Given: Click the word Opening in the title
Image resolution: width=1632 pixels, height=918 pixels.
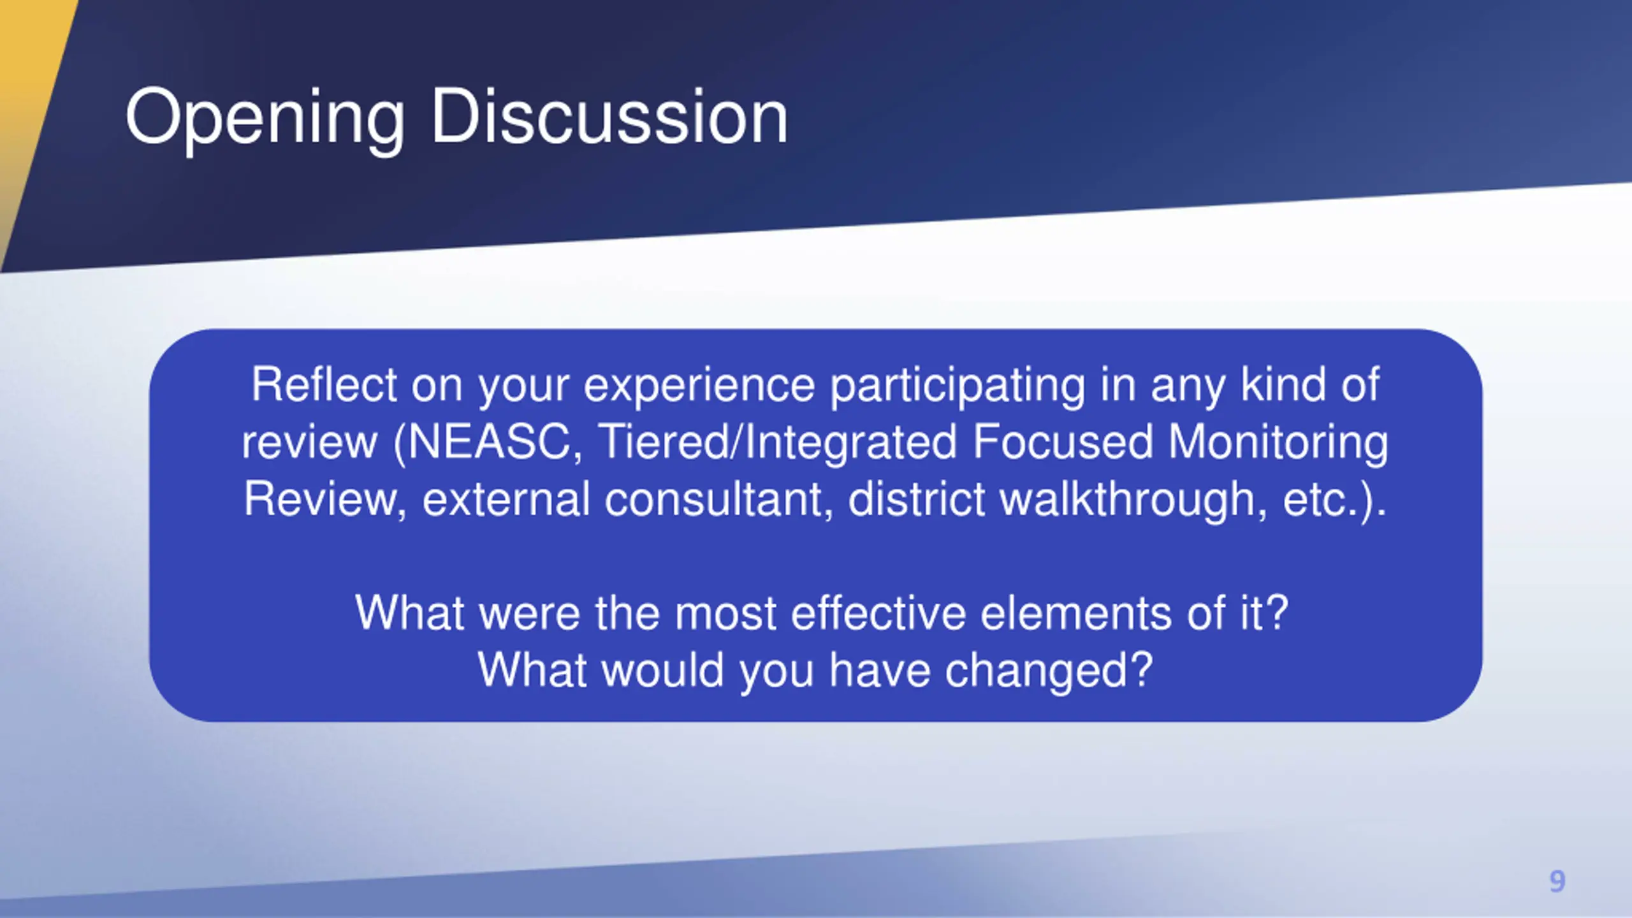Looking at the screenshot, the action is coord(265,119).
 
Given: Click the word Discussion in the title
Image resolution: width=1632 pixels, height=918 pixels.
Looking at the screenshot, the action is coord(609,116).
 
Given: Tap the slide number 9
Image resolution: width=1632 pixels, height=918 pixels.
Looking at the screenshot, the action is coord(1557,881).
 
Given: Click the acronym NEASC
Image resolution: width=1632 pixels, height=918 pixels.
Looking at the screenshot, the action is coord(488,442).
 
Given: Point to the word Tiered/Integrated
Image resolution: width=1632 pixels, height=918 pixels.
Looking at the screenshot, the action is coord(777,442).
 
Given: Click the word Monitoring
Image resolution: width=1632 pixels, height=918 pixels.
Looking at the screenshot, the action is coord(1278,442).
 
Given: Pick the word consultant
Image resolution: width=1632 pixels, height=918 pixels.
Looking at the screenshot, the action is coord(718,499).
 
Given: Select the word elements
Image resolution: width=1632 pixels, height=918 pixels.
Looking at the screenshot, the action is coord(1076,613).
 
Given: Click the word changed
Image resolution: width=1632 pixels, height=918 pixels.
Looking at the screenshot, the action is coord(1049,671).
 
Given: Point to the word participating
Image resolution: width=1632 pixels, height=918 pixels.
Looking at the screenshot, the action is coord(958,385).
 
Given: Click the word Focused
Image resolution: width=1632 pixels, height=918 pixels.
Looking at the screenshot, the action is coord(1063,441).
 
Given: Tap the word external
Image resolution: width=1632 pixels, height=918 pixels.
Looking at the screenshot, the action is coord(506,499).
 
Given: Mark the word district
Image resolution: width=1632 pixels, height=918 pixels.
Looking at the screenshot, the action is coord(917,499).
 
